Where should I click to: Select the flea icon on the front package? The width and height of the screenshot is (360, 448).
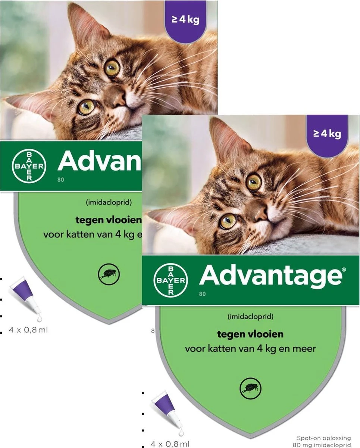[x=248, y=386]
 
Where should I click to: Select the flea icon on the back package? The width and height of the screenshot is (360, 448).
[x=108, y=274]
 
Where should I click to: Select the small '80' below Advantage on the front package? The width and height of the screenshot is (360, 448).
[x=202, y=294]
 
